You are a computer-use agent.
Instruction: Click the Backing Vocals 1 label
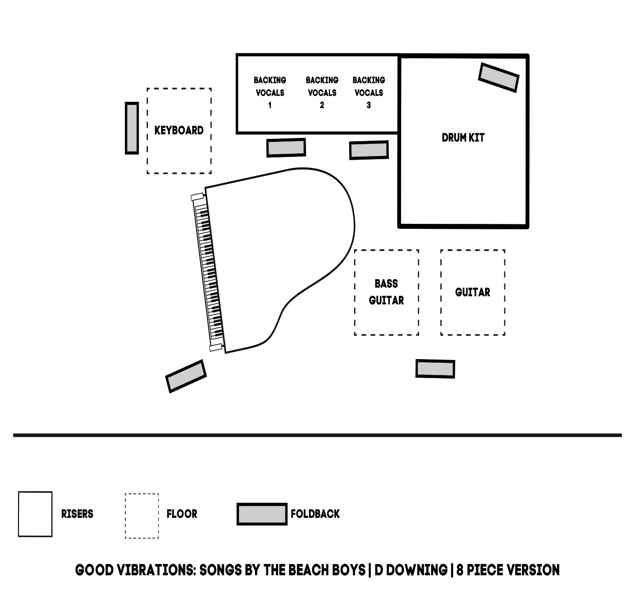point(270,93)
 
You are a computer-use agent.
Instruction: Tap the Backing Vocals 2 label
point(322,93)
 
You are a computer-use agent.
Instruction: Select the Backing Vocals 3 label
point(369,93)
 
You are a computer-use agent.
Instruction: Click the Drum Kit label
point(463,137)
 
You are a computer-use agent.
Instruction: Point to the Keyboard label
point(179,130)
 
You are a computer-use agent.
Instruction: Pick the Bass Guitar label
point(386,292)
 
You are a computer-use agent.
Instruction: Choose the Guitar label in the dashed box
point(473,292)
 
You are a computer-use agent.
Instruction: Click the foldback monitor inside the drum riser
point(498,77)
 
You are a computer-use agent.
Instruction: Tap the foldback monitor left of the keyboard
point(132,128)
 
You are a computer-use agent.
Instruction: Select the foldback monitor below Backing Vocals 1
point(286,147)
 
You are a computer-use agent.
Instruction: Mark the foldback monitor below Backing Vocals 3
point(369,150)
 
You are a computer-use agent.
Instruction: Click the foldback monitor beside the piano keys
point(186,376)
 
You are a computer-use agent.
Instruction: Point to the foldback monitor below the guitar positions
point(435,369)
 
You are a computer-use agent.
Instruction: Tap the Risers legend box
point(35,514)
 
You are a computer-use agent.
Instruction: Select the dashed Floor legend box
point(142,516)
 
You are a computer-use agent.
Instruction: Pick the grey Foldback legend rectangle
point(262,514)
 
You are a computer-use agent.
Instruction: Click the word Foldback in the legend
point(315,514)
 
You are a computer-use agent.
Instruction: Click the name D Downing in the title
point(411,570)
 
